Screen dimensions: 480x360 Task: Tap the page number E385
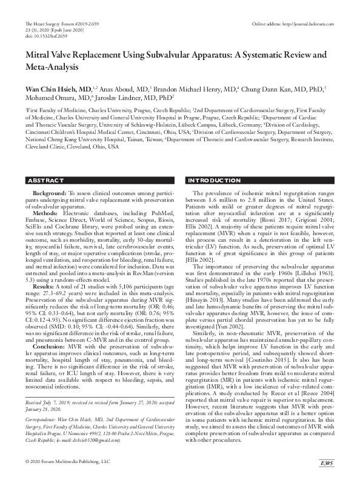pyautogui.click(x=327, y=464)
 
